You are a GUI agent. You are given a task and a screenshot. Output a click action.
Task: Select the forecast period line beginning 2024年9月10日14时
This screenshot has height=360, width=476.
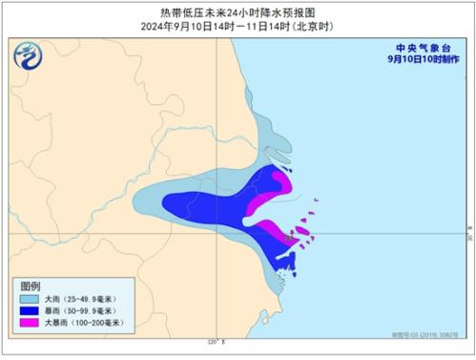[238, 27]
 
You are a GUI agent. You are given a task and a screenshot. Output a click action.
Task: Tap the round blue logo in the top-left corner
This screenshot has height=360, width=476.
[29, 57]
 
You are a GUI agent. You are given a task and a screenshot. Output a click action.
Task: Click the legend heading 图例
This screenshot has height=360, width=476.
[31, 286]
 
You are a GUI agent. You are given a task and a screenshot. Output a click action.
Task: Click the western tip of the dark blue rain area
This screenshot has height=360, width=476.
[166, 201]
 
